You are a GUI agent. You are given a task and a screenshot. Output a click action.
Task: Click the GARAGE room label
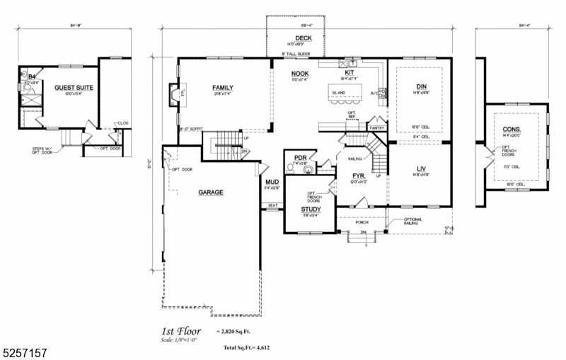click(x=211, y=192)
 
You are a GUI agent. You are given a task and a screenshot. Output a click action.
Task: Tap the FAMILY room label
click(x=223, y=88)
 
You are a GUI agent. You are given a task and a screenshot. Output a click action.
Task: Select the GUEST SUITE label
click(x=74, y=88)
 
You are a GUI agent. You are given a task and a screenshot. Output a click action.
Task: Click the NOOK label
click(x=300, y=73)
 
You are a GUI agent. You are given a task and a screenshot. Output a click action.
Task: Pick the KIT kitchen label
click(x=350, y=73)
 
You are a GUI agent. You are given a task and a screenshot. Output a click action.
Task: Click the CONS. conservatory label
click(x=512, y=129)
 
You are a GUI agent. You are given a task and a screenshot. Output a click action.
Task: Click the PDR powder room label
click(x=300, y=158)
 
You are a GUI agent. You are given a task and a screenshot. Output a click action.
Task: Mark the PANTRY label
click(x=376, y=128)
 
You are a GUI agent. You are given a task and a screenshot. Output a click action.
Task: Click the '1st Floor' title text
click(x=181, y=330)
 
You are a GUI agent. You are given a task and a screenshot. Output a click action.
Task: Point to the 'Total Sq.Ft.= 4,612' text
click(x=246, y=348)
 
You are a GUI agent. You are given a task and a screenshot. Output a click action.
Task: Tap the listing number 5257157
click(x=24, y=352)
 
